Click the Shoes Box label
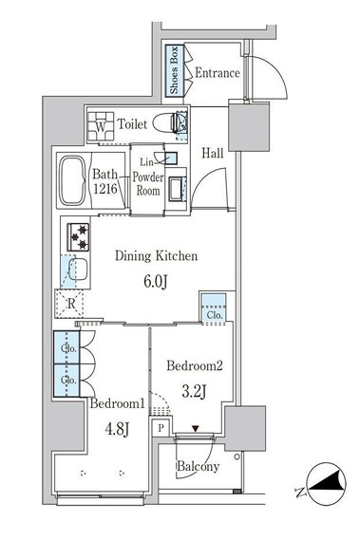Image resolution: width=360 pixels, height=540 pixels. [174, 70]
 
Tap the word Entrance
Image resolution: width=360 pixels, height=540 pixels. [218, 73]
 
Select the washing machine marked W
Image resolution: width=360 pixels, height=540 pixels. [101, 126]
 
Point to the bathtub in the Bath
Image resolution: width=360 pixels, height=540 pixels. [73, 180]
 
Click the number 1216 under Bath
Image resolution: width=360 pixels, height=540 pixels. [105, 188]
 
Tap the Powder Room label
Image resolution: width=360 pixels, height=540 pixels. [148, 184]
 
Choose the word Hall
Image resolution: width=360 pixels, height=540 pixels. [213, 153]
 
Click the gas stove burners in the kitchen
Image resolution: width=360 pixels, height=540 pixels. [78, 237]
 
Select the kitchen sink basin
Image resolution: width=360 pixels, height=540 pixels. [78, 270]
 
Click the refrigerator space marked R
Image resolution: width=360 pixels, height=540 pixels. [69, 303]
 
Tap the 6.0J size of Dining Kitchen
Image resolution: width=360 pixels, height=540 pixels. [156, 282]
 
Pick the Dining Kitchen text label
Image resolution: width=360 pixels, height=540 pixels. [156, 256]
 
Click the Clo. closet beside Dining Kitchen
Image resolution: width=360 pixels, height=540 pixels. [214, 308]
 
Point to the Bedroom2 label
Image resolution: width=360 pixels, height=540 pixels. [195, 365]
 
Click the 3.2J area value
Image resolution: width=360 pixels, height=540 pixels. [194, 391]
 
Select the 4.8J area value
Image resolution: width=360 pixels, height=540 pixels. [117, 429]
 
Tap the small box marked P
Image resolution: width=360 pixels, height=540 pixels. [161, 428]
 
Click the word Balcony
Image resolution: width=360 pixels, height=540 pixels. [198, 466]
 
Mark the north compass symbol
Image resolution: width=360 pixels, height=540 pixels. [326, 483]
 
